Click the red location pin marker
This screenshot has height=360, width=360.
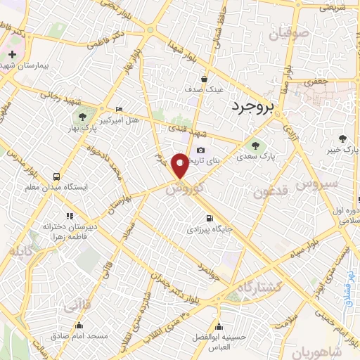click(181, 165)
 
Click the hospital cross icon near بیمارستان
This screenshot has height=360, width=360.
click(12, 53)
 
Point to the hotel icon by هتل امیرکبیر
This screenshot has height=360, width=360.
click(119, 109)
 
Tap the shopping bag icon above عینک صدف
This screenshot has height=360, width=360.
click(203, 79)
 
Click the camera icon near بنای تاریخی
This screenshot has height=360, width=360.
click(201, 150)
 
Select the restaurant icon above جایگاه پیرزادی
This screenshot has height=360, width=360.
click(209, 217)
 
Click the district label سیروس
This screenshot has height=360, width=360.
click(317, 184)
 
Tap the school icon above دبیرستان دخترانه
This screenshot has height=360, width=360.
click(68, 216)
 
